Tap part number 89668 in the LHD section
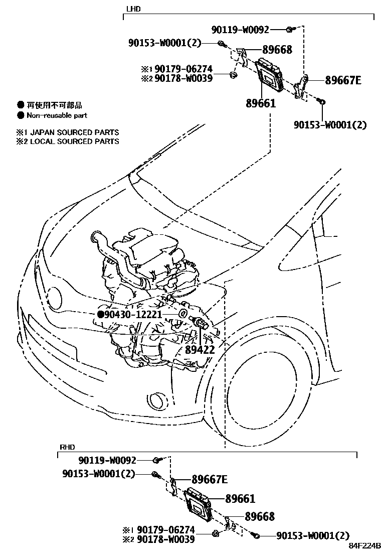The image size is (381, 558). (x=276, y=50)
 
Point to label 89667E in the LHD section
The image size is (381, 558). (x=343, y=80)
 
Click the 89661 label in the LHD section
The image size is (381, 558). (x=261, y=103)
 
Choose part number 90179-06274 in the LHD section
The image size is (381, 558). (x=183, y=69)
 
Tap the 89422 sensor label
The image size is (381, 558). (x=200, y=350)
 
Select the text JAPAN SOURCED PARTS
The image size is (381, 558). (x=75, y=132)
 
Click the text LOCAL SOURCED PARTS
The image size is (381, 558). (x=75, y=142)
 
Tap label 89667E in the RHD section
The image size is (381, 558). (x=210, y=479)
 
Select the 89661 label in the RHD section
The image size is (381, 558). (x=240, y=499)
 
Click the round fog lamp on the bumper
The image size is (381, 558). (x=159, y=400)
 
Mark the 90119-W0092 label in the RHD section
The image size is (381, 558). (x=107, y=460)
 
